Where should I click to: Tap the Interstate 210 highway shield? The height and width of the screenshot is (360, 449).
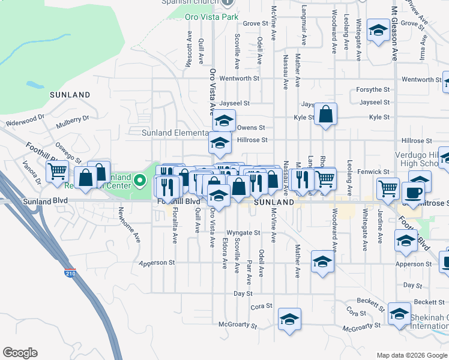71,274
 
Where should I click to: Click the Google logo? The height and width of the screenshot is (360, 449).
20,353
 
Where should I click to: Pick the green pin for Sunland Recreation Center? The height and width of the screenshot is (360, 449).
139,179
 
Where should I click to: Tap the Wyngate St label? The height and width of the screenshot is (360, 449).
243,233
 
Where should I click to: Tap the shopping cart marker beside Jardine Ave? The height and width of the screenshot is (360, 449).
388,188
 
